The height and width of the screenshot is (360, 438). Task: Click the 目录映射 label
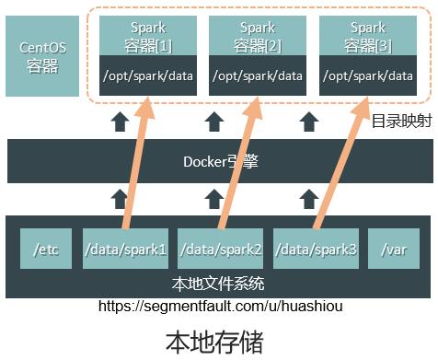click(x=401, y=121)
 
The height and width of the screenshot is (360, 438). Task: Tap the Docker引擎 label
click(x=221, y=162)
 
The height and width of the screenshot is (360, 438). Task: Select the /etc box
click(x=46, y=249)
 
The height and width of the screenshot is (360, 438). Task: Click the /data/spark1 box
click(x=124, y=249)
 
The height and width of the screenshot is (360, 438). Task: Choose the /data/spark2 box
click(x=220, y=249)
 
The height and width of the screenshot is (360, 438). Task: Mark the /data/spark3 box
click(x=316, y=249)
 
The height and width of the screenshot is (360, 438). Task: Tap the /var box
click(x=394, y=249)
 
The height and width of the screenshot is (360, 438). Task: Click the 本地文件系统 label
click(x=219, y=283)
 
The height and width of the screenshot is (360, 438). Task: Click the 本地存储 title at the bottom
click(x=214, y=342)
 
